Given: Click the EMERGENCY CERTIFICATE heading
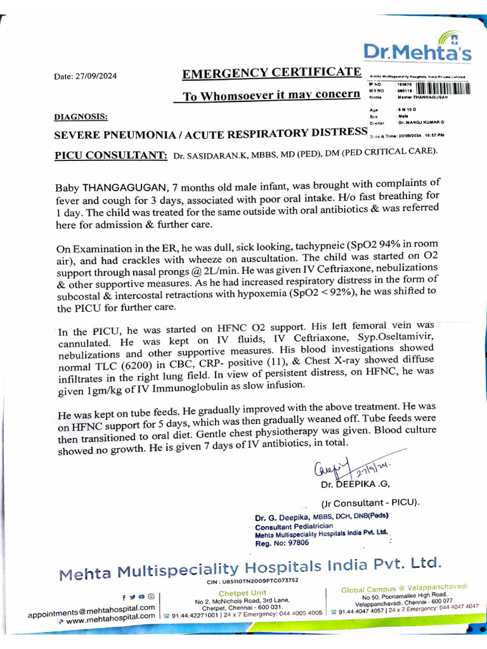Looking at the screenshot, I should (271, 73).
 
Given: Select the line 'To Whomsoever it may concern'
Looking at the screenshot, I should (271, 96).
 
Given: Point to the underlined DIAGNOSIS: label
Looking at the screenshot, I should (81, 117).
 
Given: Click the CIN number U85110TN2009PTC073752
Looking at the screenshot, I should (261, 581).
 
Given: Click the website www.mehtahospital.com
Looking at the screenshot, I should (110, 620).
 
